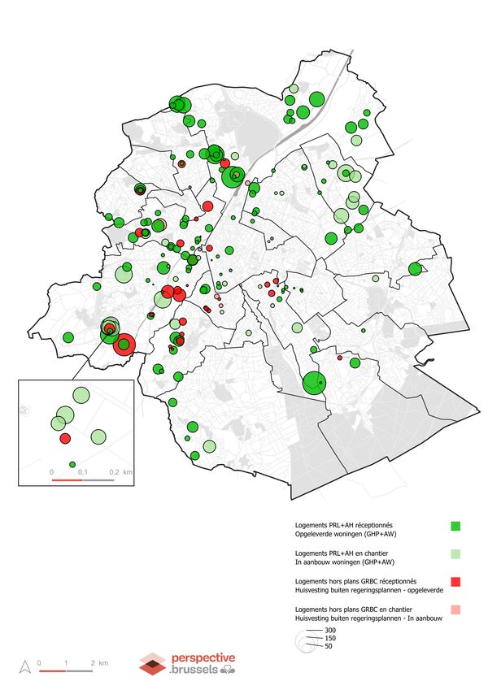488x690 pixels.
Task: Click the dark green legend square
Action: tap(455, 526)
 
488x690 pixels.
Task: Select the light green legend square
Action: tap(455, 553)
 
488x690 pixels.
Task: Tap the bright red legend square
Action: tap(455, 581)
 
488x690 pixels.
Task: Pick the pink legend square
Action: tap(455, 609)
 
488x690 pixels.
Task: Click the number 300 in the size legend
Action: tap(330, 630)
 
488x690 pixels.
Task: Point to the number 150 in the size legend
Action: tap(330, 638)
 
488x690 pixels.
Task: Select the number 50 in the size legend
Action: tap(329, 646)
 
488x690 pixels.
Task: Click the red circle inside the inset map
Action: tap(65, 438)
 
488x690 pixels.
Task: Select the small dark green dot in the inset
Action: tap(72, 464)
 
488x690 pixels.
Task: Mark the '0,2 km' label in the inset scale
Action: tap(120, 471)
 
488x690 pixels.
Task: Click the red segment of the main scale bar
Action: tap(52, 671)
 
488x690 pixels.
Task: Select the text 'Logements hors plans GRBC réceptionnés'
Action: tap(355, 580)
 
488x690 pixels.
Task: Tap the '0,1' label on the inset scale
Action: tap(83, 471)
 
